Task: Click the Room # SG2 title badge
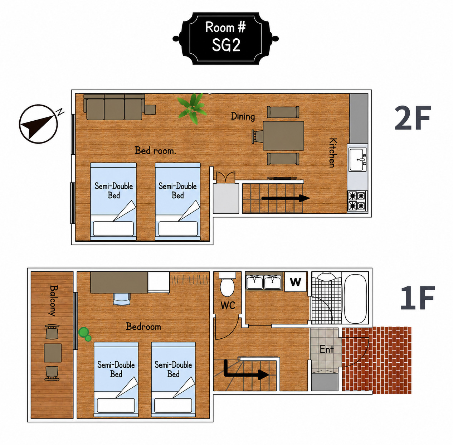point(226,38)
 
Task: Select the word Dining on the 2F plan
point(243,116)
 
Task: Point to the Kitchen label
point(333,153)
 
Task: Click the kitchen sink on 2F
point(357,159)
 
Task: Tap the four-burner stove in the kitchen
point(357,200)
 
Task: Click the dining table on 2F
point(283,136)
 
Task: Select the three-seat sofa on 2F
point(114,107)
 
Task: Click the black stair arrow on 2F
point(286,198)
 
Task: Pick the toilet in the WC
point(227,284)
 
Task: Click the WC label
point(228,305)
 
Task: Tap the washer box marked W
point(296,281)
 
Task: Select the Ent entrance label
point(327,349)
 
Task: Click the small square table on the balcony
point(53,353)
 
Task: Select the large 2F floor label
point(413,118)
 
